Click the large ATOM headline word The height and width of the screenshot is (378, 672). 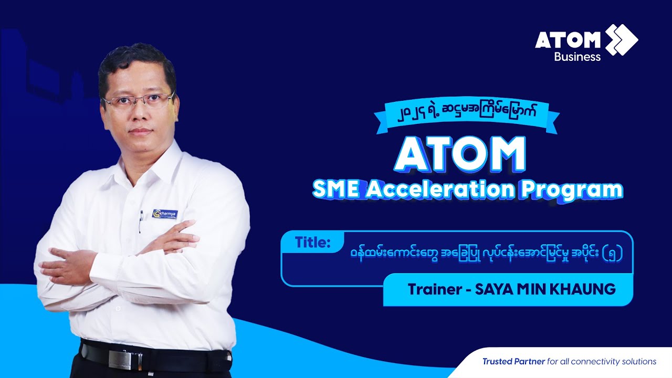coord(460,154)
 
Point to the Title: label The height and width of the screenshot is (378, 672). coord(312,243)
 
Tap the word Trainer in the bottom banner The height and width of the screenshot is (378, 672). coord(433,289)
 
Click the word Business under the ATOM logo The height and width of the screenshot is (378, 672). coord(577,57)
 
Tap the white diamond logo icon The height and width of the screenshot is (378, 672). coord(622,39)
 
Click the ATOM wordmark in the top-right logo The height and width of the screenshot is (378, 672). coord(568,40)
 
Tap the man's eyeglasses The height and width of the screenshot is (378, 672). coord(138,100)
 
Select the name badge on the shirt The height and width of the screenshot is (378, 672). coord(165,214)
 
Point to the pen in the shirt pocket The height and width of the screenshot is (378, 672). coord(140,222)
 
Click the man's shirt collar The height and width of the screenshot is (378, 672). coord(157,157)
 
